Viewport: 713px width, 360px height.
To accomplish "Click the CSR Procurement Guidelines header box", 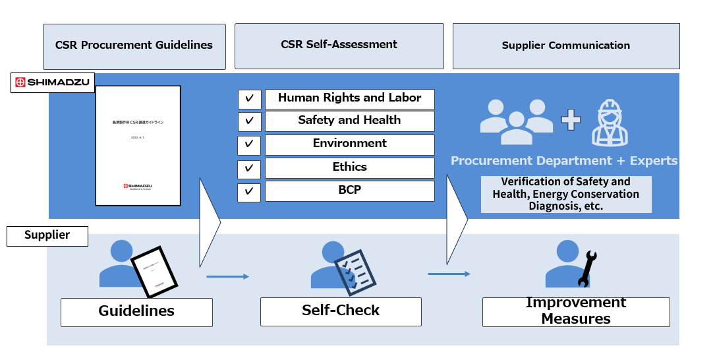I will point(134,46).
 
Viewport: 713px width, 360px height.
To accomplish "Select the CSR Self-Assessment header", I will point(339,45).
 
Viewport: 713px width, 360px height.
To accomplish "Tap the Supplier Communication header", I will point(565,46).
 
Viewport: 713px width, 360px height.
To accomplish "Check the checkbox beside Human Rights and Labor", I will point(249,99).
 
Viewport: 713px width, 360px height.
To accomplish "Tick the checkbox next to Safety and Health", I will point(249,121).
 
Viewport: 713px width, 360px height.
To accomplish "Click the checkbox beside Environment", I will point(249,144).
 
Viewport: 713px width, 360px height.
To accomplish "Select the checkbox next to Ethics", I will point(249,168).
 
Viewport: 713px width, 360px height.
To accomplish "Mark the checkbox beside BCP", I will point(249,191).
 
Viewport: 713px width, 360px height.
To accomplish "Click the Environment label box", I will point(349,144).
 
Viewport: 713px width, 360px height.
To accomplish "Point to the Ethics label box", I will point(349,167).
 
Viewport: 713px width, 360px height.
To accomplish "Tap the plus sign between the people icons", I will point(571,120).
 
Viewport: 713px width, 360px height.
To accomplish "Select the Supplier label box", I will point(47,236).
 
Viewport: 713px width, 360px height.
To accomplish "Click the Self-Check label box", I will point(341,311).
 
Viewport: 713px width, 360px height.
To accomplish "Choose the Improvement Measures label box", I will point(576,311).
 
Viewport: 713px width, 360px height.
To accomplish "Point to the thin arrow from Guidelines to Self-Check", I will point(227,276).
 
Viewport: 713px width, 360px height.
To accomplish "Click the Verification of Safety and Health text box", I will point(566,194).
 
